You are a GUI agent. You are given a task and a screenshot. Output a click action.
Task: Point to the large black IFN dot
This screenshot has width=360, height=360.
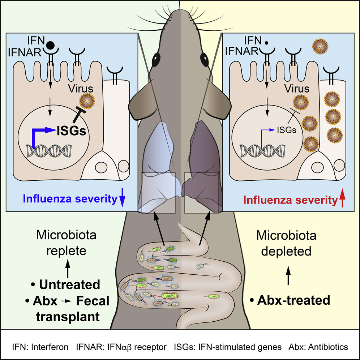click(51, 45)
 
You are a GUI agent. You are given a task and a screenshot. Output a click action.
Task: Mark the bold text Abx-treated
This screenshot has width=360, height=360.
click(290, 300)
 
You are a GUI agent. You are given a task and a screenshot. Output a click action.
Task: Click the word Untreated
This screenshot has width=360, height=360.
click(70, 284)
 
